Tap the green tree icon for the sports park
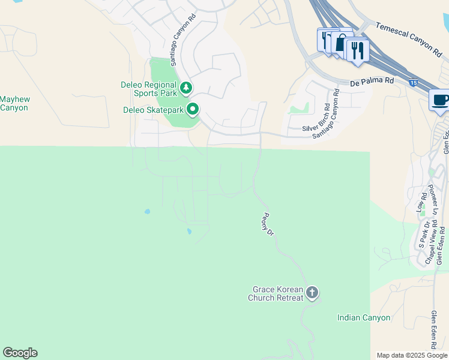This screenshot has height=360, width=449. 186,88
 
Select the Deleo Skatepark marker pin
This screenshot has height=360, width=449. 193,109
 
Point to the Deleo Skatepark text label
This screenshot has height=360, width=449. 152,110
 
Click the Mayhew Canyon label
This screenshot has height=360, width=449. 14,103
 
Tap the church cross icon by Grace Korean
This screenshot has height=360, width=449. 312,293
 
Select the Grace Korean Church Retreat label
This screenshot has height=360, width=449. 275,293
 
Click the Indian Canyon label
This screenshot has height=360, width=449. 364,318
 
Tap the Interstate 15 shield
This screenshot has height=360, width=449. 414,82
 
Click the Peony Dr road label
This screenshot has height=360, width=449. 268,224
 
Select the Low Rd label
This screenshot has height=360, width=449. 420,200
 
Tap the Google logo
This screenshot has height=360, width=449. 20,353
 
